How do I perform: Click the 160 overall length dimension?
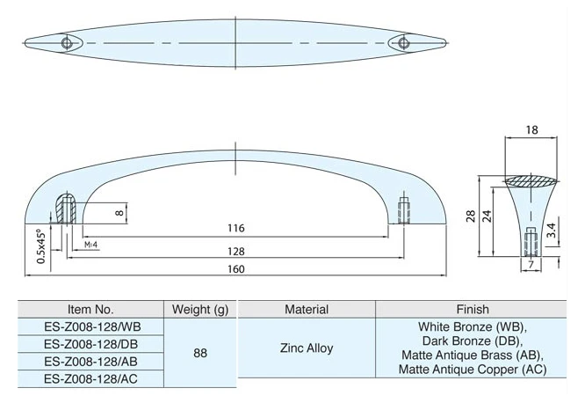pos(236,269)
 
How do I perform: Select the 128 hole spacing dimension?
pos(236,252)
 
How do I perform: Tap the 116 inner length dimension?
pos(236,228)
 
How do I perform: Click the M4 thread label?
pos(90,245)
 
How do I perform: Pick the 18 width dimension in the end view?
pos(531,129)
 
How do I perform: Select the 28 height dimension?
pos(471,216)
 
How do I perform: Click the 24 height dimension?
pos(487,216)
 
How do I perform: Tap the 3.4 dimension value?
pos(552,231)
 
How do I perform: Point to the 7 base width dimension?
pos(531,265)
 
